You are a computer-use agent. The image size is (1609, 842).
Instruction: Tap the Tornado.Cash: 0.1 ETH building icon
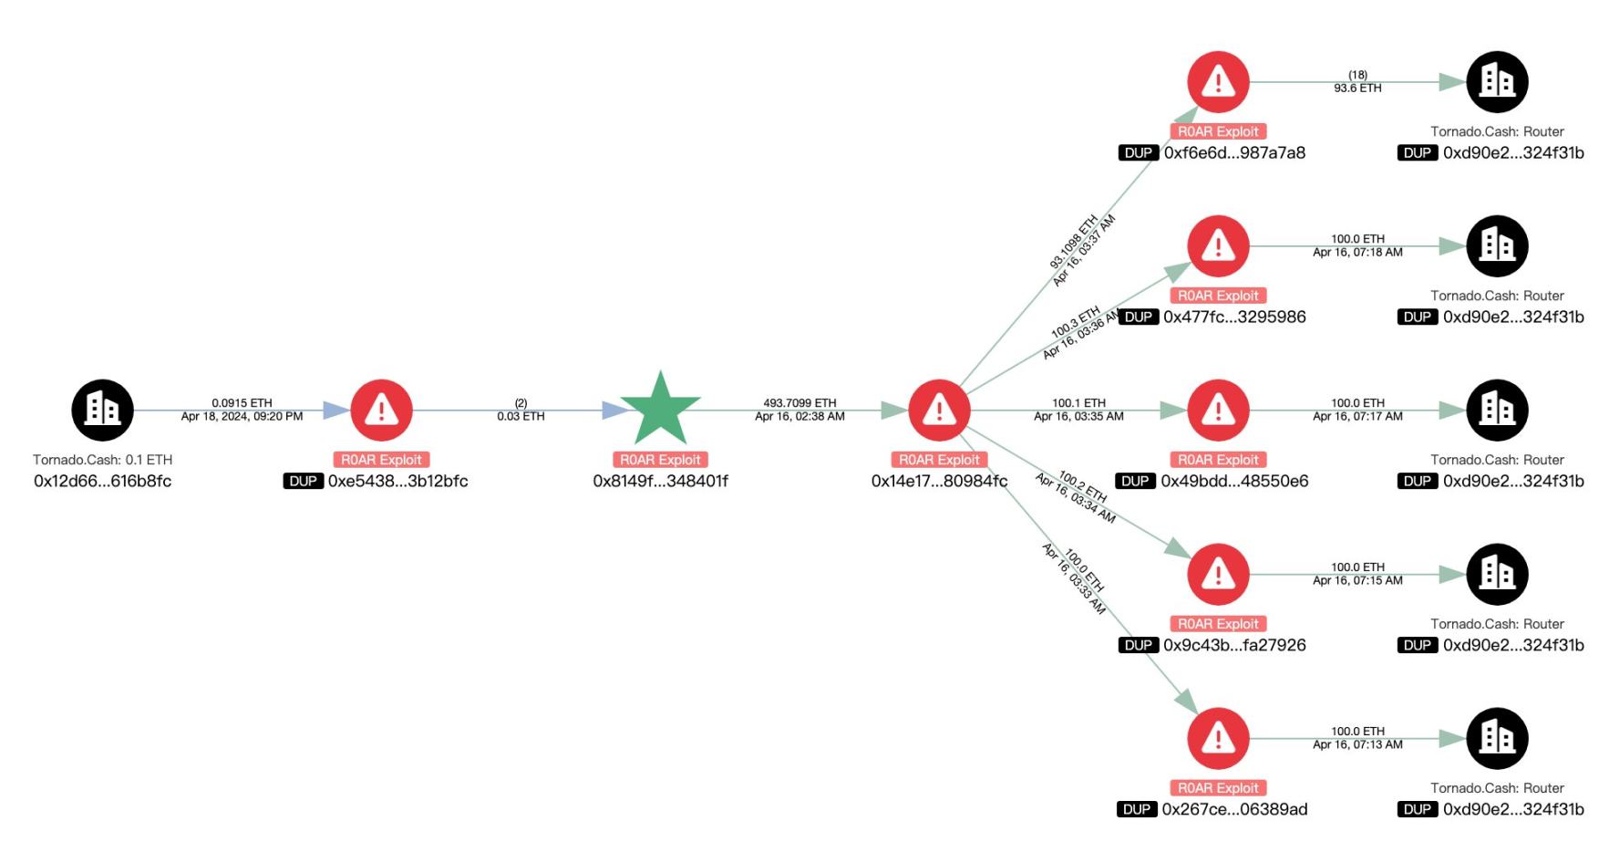pyautogui.click(x=102, y=410)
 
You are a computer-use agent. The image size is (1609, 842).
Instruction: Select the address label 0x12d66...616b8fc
pyautogui.click(x=102, y=481)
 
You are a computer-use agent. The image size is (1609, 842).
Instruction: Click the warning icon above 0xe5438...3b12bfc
pyautogui.click(x=381, y=410)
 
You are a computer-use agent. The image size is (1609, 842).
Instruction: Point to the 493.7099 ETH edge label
pyautogui.click(x=799, y=402)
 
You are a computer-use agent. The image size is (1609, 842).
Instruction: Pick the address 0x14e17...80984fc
pyautogui.click(x=939, y=481)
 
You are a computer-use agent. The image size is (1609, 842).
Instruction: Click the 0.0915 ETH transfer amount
pyautogui.click(x=242, y=402)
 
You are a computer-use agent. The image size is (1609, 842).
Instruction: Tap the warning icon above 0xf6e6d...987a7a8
pyautogui.click(x=1218, y=82)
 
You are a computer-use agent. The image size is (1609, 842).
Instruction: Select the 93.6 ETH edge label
pyautogui.click(x=1357, y=88)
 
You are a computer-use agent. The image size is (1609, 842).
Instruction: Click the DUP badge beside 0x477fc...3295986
pyautogui.click(x=1138, y=317)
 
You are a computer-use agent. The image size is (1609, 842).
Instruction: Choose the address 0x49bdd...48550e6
pyautogui.click(x=1234, y=481)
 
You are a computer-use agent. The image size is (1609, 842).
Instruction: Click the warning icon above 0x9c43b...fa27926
pyautogui.click(x=1218, y=574)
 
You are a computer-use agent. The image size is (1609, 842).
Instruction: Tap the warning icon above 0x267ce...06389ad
pyautogui.click(x=1218, y=738)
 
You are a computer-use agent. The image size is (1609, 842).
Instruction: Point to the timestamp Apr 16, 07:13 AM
pyautogui.click(x=1357, y=744)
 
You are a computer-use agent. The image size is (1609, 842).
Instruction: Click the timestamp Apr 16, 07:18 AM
pyautogui.click(x=1357, y=252)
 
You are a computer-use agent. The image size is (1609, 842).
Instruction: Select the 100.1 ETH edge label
pyautogui.click(x=1078, y=402)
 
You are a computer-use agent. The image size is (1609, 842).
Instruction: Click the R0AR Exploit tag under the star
pyautogui.click(x=660, y=460)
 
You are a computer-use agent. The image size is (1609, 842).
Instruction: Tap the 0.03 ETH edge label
pyautogui.click(x=521, y=416)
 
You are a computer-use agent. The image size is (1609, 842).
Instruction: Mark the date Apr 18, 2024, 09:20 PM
pyautogui.click(x=242, y=416)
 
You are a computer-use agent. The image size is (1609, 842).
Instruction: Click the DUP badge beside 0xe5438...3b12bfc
pyautogui.click(x=304, y=481)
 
